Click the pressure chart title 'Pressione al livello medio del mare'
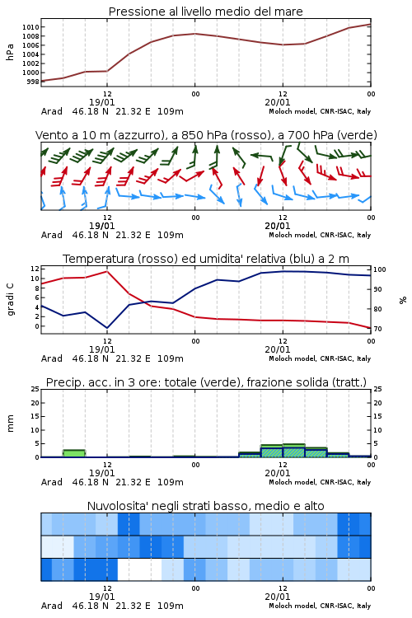tap(205, 12)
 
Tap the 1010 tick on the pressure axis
tap(30, 27)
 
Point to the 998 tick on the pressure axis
tap(33, 82)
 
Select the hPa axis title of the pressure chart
tap(10, 52)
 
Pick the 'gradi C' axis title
tap(10, 300)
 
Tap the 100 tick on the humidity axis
tap(380, 269)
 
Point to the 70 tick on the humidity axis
tap(377, 329)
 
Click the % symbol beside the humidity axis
tap(403, 300)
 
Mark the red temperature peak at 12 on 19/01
tap(107, 271)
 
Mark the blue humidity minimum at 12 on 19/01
tap(107, 328)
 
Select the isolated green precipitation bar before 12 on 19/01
tap(74, 453)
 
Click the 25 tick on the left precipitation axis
tap(35, 389)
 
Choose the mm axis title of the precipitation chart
tap(10, 424)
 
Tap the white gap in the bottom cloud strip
tap(139, 569)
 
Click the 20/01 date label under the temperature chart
tap(278, 349)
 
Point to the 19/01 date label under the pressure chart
tap(101, 102)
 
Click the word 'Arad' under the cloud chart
tap(52, 606)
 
